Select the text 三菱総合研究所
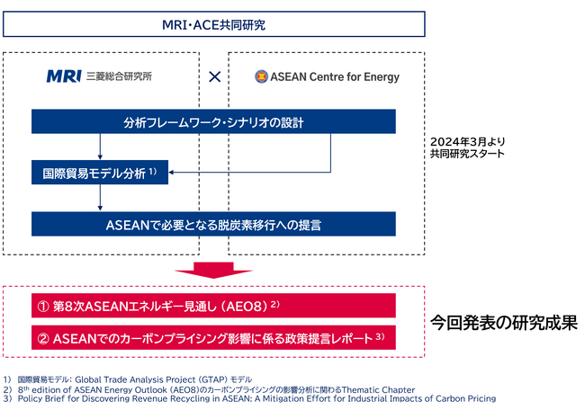119,76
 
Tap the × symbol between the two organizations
214,76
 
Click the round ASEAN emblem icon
262,76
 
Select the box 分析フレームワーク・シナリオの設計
213,122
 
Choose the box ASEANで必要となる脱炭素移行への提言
213,223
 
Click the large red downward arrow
213,269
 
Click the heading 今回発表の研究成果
502,321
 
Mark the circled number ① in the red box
42,305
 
